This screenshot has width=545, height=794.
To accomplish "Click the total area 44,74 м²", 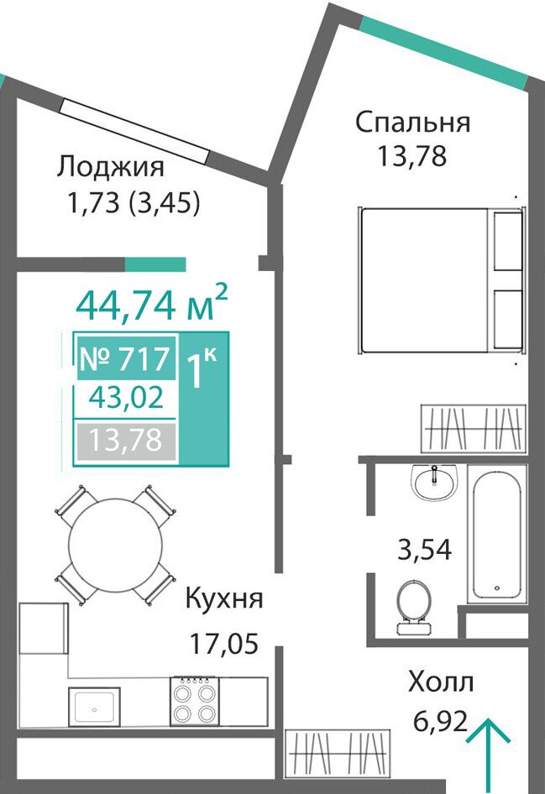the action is [152, 303].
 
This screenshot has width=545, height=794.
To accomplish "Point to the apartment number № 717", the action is [126, 359].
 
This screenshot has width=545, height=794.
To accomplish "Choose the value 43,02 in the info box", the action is [126, 398].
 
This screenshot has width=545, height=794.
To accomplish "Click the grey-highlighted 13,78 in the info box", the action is [126, 440].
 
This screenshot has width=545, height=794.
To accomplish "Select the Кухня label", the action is [224, 599].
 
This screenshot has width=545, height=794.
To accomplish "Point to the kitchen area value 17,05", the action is [224, 643].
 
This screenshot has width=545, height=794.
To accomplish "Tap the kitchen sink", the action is [94, 707].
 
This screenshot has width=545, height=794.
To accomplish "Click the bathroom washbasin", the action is [435, 482].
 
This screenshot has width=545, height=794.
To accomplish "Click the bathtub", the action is [497, 534].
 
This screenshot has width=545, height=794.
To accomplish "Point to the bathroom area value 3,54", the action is [424, 550].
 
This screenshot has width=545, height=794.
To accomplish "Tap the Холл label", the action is [441, 682].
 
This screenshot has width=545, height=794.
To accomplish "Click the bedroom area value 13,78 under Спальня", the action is [411, 156].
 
